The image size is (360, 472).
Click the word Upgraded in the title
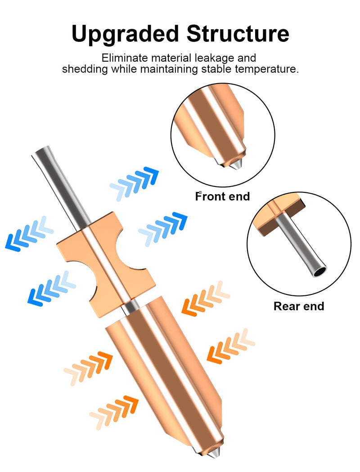pyautogui.click(x=125, y=34)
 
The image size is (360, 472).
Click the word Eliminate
pyautogui.click(x=125, y=58)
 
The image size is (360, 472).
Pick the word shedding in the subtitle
pyautogui.click(x=85, y=69)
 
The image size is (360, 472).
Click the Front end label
pyautogui.click(x=223, y=196)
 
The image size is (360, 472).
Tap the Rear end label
pyautogui.click(x=299, y=306)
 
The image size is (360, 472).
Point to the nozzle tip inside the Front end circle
pyautogui.click(x=238, y=164)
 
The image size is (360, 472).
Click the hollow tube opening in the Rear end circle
pyautogui.click(x=319, y=272)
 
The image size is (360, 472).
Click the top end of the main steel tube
pyautogui.click(x=41, y=151)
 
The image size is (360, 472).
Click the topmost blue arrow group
pyautogui.click(x=135, y=183)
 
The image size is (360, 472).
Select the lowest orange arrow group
pyautogui.click(x=114, y=412)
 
